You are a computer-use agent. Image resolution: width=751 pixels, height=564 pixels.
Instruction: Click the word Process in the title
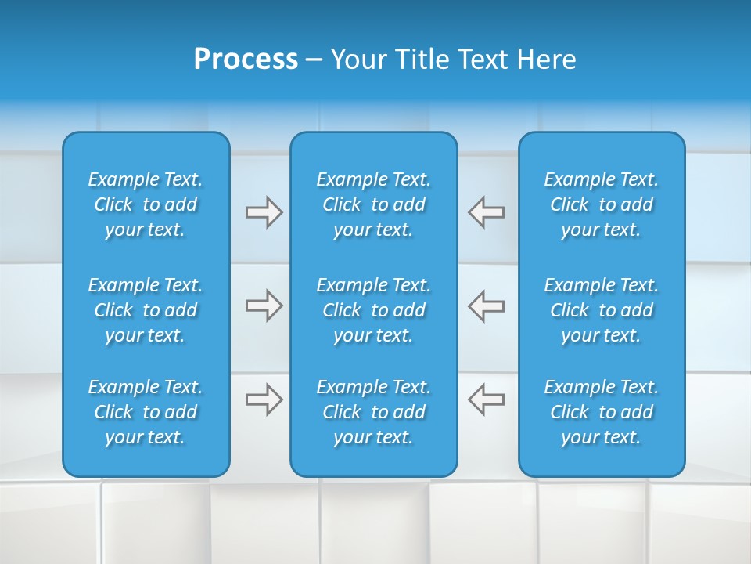[246, 60]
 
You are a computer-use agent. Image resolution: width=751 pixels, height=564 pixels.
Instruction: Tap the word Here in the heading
[545, 60]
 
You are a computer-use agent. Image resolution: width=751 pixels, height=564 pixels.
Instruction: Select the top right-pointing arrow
[264, 212]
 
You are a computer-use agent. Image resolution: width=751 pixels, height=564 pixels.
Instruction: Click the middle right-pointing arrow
[264, 305]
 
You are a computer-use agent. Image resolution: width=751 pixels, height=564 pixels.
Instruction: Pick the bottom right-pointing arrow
[264, 399]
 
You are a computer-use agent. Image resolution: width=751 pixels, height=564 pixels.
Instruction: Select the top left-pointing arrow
[487, 212]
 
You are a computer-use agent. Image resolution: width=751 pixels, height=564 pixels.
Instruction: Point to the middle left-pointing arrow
[487, 305]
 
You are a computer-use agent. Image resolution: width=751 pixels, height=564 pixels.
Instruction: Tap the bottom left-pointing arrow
[487, 399]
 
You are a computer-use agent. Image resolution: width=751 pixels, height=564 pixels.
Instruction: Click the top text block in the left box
[146, 204]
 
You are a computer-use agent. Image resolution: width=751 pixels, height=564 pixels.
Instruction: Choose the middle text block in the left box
[146, 310]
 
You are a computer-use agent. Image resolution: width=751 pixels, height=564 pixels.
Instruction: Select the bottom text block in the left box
[146, 412]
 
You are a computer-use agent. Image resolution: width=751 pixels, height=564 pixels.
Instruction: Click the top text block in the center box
[374, 204]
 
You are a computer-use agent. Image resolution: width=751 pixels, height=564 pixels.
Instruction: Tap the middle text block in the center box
[374, 310]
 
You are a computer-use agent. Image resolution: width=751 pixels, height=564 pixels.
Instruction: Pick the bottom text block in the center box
[374, 412]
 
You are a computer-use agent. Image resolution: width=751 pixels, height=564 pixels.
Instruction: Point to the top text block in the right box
[602, 204]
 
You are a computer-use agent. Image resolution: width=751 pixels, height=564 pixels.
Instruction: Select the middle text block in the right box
[602, 310]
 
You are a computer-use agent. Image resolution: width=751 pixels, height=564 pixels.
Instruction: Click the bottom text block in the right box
[602, 412]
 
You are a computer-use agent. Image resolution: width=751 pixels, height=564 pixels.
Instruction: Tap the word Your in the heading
[358, 60]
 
